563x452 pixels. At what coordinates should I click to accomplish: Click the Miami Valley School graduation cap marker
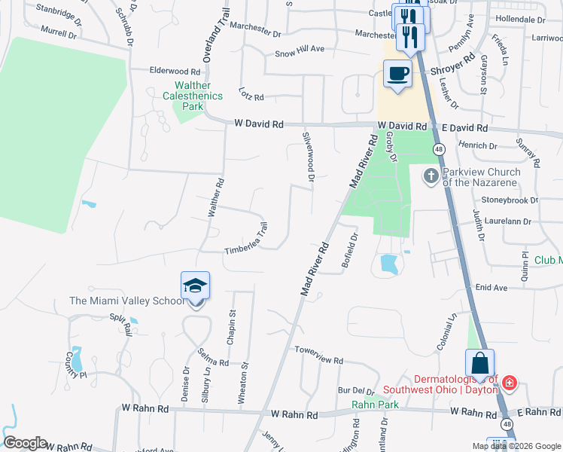[x=195, y=287]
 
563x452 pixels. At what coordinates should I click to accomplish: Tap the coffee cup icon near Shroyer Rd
[x=397, y=74]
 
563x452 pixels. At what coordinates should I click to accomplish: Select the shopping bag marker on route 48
[x=480, y=365]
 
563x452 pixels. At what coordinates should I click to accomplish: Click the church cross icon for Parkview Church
[x=431, y=176]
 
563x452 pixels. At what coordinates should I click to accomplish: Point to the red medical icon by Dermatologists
[x=510, y=383]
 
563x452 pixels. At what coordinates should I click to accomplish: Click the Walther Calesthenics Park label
[x=193, y=96]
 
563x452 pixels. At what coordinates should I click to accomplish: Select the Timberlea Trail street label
[x=246, y=239]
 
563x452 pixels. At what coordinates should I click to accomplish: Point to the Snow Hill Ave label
[x=299, y=50]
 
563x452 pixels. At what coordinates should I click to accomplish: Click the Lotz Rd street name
[x=252, y=96]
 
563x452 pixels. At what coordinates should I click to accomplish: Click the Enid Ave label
[x=491, y=288]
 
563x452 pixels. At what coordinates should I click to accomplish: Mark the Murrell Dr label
[x=59, y=34]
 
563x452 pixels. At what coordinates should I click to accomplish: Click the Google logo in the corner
[x=25, y=443]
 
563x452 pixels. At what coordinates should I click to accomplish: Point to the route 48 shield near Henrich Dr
[x=439, y=149]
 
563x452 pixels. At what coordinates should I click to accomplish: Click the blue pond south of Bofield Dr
[x=389, y=264]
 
